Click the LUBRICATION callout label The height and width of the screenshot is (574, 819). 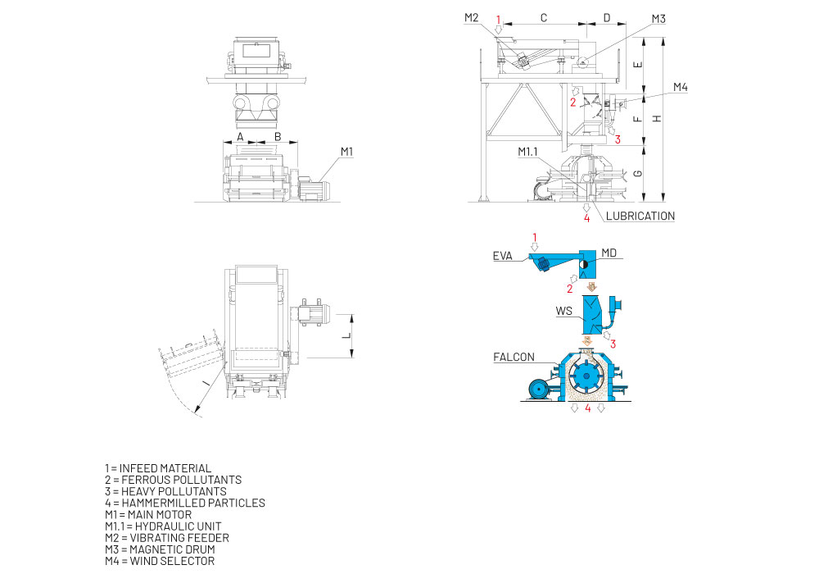pos(640,216)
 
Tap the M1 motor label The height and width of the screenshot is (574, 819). pos(346,152)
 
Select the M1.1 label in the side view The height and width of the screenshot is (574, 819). pos(527,152)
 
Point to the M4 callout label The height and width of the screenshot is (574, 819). pos(680,87)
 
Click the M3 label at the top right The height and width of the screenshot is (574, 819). pos(658,19)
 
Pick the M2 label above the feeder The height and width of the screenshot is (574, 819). pos(471,18)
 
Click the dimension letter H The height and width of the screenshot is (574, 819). pos(657,119)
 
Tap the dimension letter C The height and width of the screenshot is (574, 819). pos(543,18)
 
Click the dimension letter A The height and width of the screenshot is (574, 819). pos(240,137)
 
